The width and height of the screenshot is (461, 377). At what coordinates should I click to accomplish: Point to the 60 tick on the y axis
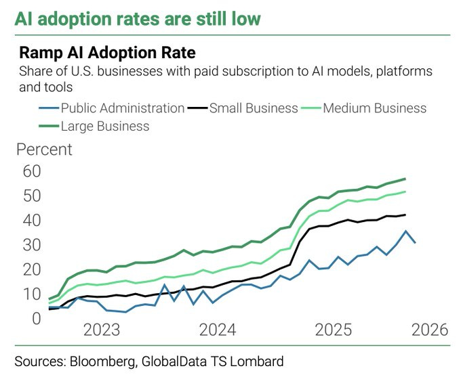31,171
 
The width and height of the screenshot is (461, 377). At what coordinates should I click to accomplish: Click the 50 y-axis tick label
31,196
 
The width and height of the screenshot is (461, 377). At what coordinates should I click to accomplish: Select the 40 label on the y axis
31,221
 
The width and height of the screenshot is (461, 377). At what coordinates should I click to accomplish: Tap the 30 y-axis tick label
31,245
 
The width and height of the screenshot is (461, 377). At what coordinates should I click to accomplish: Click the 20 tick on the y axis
31,269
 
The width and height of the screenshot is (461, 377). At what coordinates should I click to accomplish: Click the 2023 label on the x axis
102,330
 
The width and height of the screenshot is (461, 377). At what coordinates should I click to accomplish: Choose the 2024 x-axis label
217,330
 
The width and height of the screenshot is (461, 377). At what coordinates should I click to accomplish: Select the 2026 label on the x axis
430,330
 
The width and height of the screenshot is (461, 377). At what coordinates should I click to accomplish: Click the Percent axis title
44,150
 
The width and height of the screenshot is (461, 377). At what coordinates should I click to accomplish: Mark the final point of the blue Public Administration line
415,243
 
